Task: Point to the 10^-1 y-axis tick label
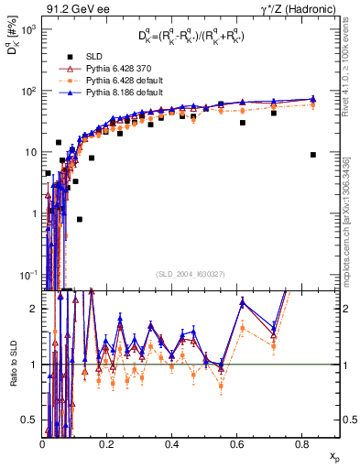click(x=27, y=274)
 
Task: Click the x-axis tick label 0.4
click(x=171, y=443)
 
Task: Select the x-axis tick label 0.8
click(x=300, y=443)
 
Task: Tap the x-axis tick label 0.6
click(x=235, y=443)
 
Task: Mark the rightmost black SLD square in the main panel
click(x=313, y=155)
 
